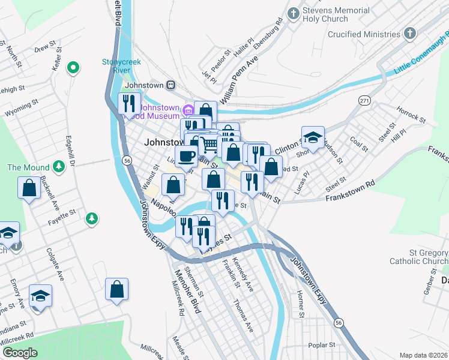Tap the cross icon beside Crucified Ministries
tap(409, 34)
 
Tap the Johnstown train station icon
tap(170, 85)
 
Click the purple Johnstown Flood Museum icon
tap(187, 109)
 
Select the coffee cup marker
tap(187, 156)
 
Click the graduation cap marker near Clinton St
tap(312, 137)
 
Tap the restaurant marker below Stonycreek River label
tap(129, 103)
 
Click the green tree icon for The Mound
tap(58, 166)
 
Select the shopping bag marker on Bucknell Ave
tap(29, 188)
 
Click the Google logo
tap(20, 353)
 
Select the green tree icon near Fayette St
tap(91, 217)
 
